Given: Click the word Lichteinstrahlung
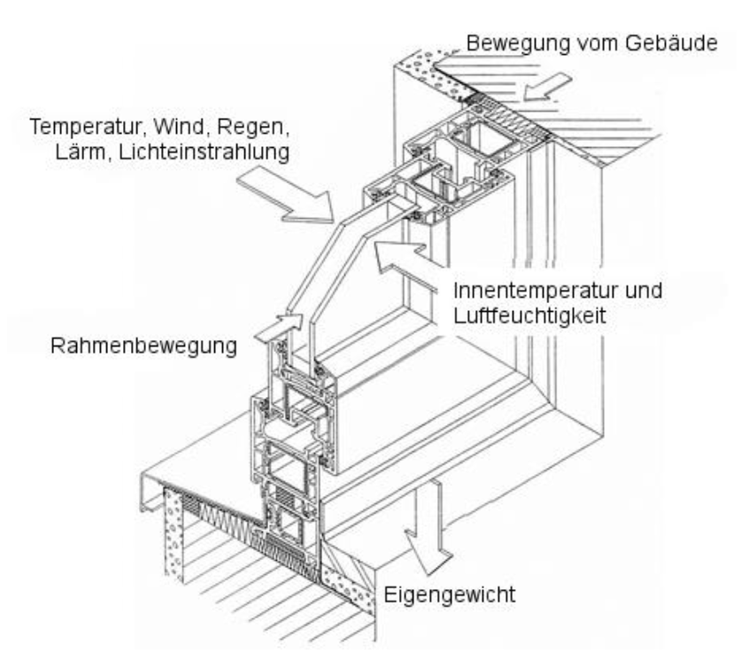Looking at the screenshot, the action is [205, 152].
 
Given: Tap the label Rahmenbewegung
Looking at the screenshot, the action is [143, 346].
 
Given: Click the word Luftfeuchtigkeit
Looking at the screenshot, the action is [529, 315].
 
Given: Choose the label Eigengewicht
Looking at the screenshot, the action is [450, 595].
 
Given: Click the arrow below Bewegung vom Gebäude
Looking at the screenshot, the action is [548, 87].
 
